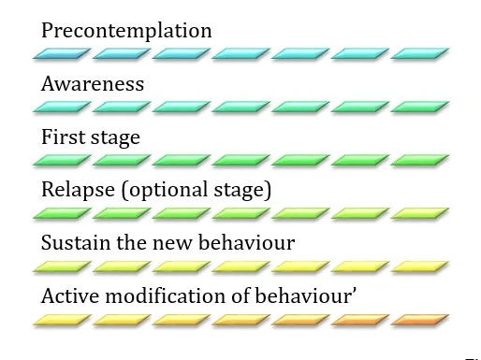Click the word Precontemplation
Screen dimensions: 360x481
(x=126, y=30)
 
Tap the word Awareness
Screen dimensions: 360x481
(x=93, y=84)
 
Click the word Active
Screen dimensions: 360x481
(x=68, y=297)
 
